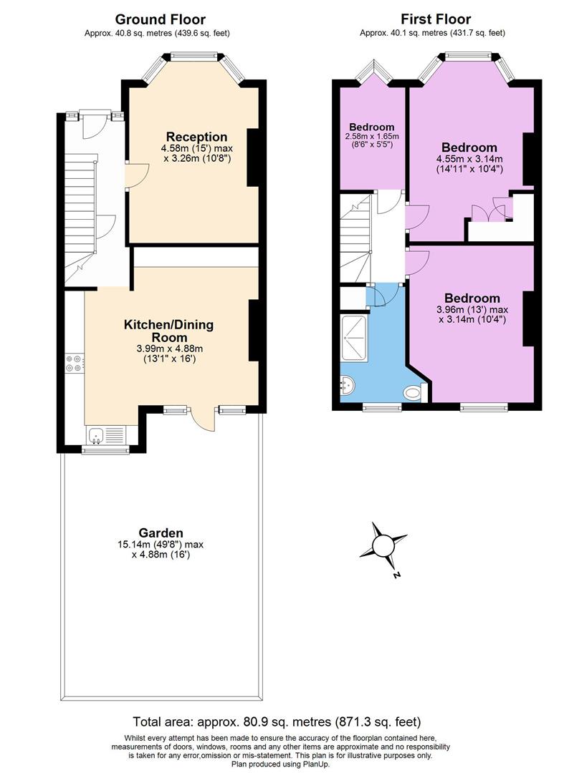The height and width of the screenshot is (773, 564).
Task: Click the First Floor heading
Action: point(435,19)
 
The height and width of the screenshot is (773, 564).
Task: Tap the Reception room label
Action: point(196,137)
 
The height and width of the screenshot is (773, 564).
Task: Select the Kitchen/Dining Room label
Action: point(169,331)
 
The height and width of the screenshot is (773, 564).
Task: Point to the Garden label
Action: point(161,533)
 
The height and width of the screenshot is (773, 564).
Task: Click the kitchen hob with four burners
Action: point(75,364)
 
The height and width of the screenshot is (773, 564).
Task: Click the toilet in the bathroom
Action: point(414,393)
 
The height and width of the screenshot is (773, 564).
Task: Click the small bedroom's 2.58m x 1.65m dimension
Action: point(372,136)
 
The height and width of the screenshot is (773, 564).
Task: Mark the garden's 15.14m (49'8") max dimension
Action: point(161,544)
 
